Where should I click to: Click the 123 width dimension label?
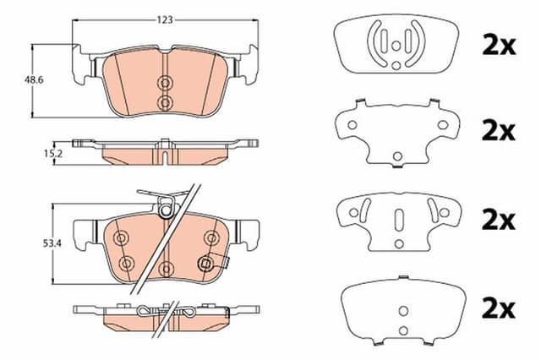point(165,20)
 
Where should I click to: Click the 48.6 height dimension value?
point(34,80)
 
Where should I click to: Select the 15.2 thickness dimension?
point(53,154)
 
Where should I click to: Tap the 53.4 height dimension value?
point(52,243)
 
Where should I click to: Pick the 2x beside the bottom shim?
point(499,309)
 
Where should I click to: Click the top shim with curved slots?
point(396,43)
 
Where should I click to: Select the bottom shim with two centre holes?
point(403,310)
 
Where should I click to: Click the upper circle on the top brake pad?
point(165,83)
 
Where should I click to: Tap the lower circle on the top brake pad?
point(165,102)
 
